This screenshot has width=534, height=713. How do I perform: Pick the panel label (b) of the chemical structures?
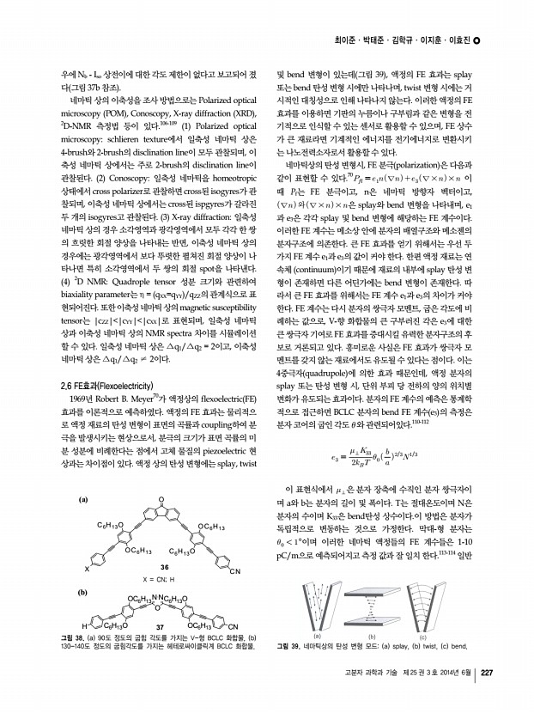coord(83,593)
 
